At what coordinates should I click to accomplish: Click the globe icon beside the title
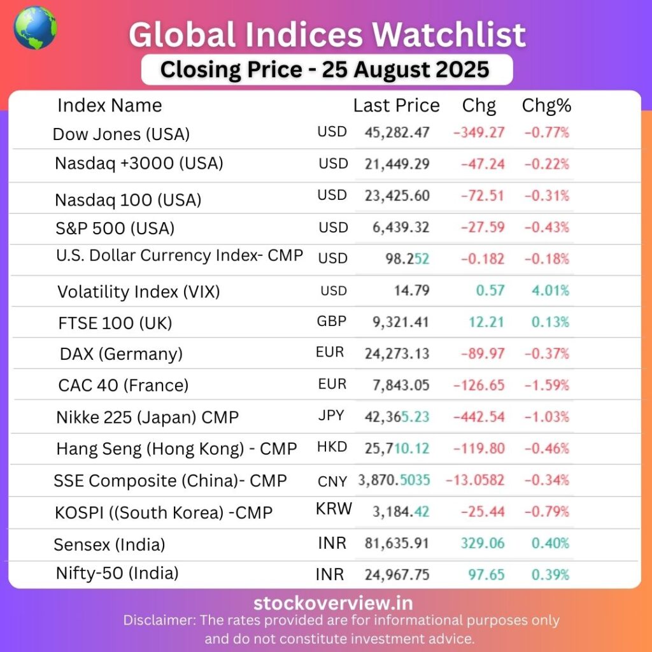pyautogui.click(x=35, y=28)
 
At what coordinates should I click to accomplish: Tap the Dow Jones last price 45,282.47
pyautogui.click(x=397, y=133)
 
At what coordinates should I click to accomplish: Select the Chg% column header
pyautogui.click(x=546, y=106)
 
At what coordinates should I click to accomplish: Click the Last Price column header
pyautogui.click(x=396, y=106)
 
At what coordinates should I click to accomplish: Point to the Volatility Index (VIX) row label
pyautogui.click(x=138, y=292)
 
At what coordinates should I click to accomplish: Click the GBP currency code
pyautogui.click(x=332, y=322)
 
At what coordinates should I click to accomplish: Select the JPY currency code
pyautogui.click(x=331, y=416)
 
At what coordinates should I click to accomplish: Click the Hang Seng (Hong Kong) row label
pyautogui.click(x=176, y=449)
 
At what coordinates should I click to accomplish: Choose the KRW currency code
pyautogui.click(x=334, y=509)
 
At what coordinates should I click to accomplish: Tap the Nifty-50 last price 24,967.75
pyautogui.click(x=397, y=574)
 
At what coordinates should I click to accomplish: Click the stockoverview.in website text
pyautogui.click(x=333, y=603)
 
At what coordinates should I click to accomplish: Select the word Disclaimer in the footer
pyautogui.click(x=159, y=620)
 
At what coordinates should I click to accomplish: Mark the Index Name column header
pyautogui.click(x=110, y=106)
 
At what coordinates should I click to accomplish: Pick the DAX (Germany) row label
pyautogui.click(x=121, y=354)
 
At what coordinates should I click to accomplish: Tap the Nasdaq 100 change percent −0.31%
pyautogui.click(x=546, y=195)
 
